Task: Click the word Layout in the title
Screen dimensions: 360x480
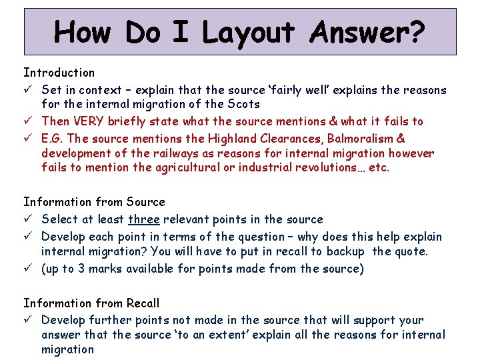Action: pyautogui.click(x=248, y=32)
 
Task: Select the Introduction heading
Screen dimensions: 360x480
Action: pyautogui.click(x=59, y=72)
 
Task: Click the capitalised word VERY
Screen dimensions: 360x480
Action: pyautogui.click(x=88, y=121)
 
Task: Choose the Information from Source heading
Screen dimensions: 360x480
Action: pyautogui.click(x=94, y=201)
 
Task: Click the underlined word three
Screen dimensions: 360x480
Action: pyautogui.click(x=144, y=219)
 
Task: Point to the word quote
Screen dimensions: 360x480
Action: pyautogui.click(x=412, y=251)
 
